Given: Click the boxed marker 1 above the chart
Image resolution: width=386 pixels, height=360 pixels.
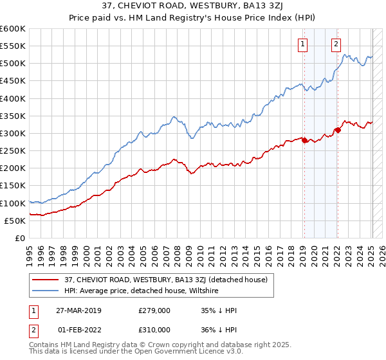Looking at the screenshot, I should click(302, 44).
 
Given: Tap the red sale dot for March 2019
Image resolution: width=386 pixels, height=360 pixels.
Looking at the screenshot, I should click(304, 140).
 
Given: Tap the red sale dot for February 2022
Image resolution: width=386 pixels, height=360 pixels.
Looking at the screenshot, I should click(337, 130).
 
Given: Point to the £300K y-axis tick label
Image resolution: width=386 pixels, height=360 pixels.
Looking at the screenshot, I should click(12, 133).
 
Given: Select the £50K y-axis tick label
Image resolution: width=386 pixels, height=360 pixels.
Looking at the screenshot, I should click(15, 221).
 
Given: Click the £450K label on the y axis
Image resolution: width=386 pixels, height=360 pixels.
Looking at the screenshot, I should click(12, 81).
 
